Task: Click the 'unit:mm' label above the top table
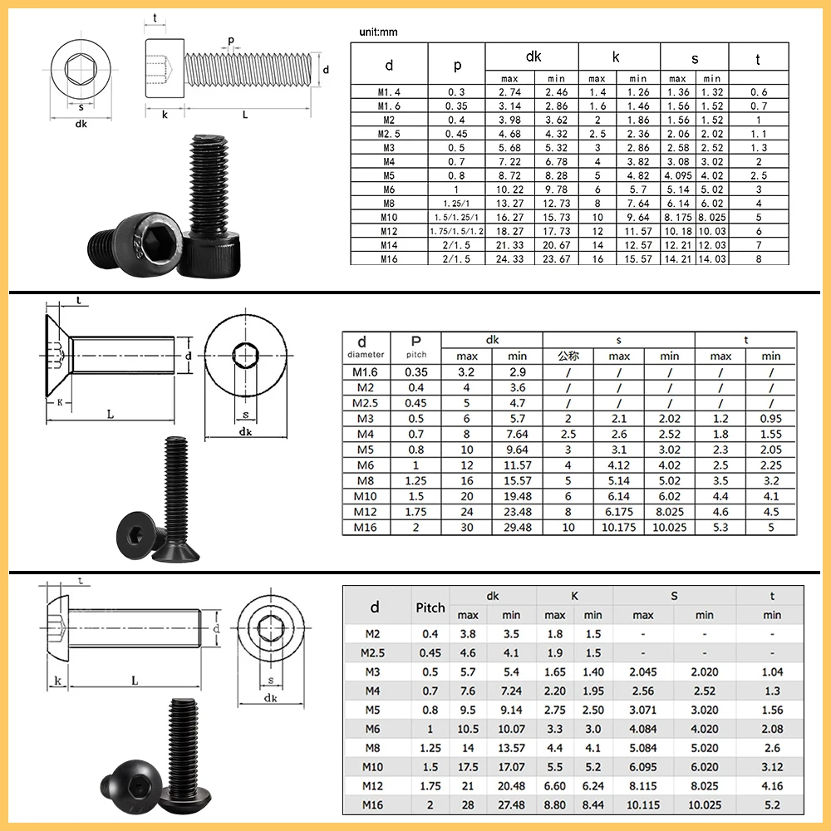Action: (378, 32)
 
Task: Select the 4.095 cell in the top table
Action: (678, 175)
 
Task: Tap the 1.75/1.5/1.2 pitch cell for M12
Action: (456, 231)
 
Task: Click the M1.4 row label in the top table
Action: (388, 92)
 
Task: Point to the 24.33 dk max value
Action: (509, 259)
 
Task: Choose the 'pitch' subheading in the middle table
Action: (416, 355)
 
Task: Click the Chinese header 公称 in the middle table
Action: (568, 356)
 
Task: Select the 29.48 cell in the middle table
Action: (517, 528)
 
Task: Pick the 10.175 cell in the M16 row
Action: (618, 528)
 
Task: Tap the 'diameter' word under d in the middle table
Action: (366, 355)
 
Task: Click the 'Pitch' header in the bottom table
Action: (430, 607)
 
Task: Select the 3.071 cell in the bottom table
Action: (643, 710)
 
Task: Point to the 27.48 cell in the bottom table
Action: (511, 804)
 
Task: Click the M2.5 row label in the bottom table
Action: (372, 652)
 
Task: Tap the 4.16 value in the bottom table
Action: (772, 786)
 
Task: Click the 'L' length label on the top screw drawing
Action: (245, 115)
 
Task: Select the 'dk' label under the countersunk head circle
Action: (245, 431)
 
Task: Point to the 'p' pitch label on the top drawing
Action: (230, 40)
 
